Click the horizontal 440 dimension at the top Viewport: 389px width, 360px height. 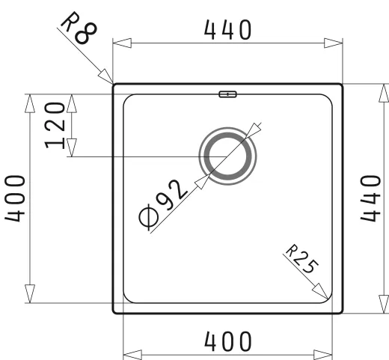point(227,30)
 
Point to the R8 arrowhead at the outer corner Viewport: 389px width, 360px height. point(106,76)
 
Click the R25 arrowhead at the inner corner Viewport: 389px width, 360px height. point(323,293)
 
